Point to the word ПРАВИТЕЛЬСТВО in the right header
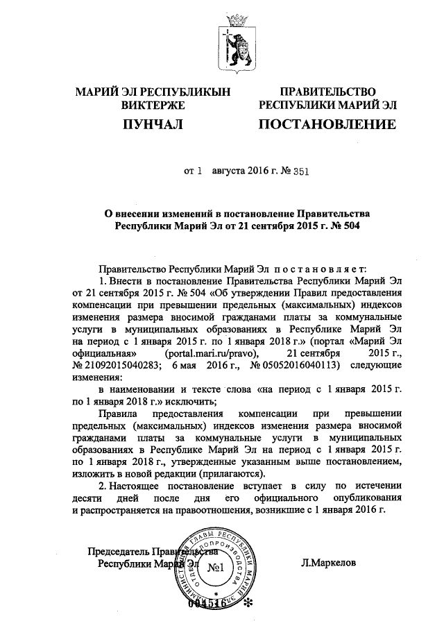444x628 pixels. pyautogui.click(x=327, y=92)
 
